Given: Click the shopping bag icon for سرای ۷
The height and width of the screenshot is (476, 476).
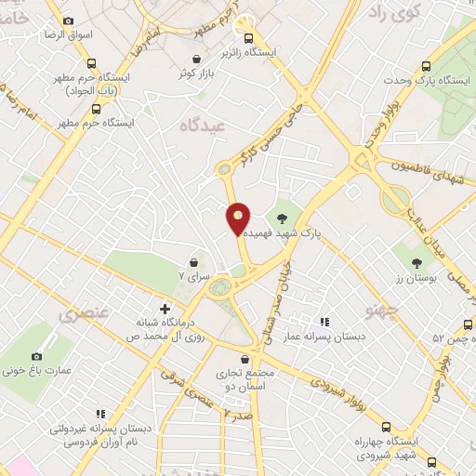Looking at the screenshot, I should coord(193,262).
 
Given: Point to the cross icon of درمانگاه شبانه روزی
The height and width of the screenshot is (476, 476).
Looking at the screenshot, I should coord(165,308).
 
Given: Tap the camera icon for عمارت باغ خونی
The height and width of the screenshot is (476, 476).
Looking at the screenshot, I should coord(36,356).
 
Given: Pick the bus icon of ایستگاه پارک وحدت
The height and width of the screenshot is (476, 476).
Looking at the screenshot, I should coord(426,66).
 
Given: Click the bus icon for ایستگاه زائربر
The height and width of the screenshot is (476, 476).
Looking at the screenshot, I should coord(248,38).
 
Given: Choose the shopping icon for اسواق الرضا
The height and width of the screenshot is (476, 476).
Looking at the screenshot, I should coord(68,20).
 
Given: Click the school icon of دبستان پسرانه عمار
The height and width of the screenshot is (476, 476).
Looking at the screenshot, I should coord(323,322).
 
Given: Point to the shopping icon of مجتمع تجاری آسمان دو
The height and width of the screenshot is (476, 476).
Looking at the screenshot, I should coord(245,358).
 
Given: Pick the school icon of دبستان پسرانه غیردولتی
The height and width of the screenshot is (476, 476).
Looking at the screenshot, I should coord(100,414).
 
